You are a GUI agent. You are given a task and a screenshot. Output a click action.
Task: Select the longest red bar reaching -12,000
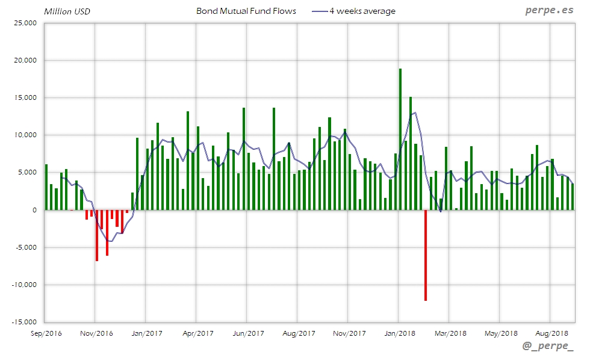[425, 255]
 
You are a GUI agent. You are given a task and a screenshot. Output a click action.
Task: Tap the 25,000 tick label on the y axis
[26, 23]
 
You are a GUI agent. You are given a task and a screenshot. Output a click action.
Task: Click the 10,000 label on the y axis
[26, 135]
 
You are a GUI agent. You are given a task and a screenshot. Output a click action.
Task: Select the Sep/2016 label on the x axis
[46, 333]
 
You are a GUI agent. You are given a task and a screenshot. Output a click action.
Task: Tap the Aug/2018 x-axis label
[552, 333]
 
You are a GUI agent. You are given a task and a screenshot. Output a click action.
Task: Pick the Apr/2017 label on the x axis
[198, 333]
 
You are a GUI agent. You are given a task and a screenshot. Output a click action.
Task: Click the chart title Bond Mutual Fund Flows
[246, 11]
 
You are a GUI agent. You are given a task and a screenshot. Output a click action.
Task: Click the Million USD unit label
[67, 11]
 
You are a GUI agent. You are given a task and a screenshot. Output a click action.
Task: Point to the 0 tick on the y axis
[34, 210]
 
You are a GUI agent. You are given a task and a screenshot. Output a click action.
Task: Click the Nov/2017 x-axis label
[350, 333]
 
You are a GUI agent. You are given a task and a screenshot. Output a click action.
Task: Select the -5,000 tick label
[26, 247]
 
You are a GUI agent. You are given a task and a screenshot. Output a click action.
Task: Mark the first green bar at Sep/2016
[46, 187]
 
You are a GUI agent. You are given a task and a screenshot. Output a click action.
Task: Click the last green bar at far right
[573, 197]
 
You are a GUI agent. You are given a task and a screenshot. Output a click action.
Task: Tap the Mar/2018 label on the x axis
[451, 333]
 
